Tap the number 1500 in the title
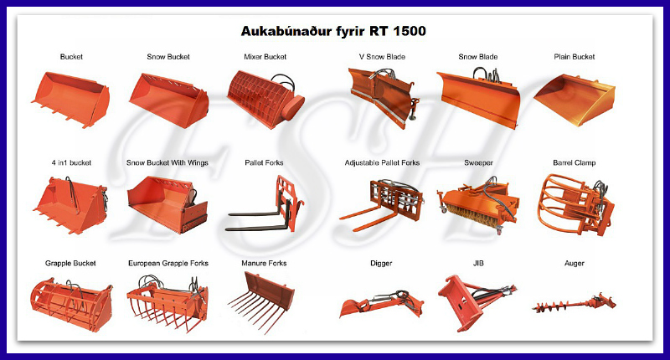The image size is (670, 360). click(x=409, y=31)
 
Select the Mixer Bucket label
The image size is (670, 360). click(x=265, y=57)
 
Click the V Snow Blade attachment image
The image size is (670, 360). click(x=384, y=98)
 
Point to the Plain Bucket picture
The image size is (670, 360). click(x=575, y=100)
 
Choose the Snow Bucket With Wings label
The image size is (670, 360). click(x=167, y=162)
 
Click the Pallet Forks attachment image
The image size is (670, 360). click(x=265, y=204)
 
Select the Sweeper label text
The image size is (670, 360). click(x=478, y=162)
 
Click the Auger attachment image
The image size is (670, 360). click(x=575, y=304)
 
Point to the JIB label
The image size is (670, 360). click(x=478, y=263)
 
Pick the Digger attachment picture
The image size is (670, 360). click(x=382, y=303)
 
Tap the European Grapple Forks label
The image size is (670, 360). click(x=168, y=264)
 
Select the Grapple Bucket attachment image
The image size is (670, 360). click(x=71, y=305)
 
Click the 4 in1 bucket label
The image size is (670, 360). click(x=71, y=162)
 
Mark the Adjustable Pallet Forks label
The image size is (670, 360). click(x=382, y=162)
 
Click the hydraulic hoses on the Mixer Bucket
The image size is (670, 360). click(x=283, y=80)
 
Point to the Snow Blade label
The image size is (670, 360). click(x=477, y=57)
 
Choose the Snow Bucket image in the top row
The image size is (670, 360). click(x=169, y=100)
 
